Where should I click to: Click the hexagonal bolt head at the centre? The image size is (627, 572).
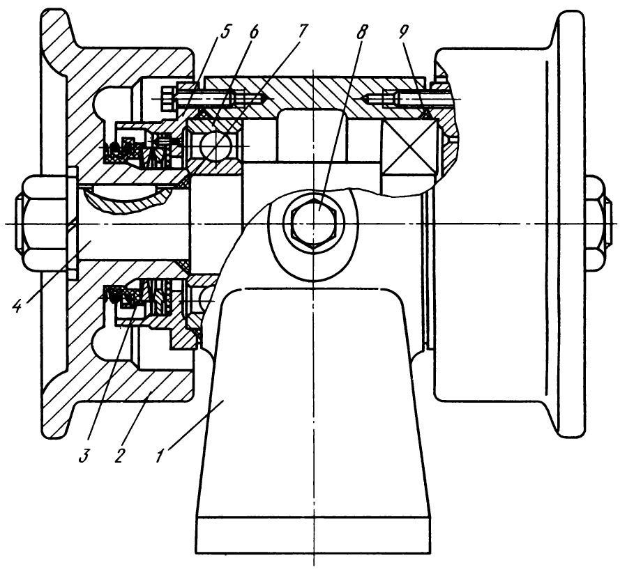pyautogui.click(x=313, y=224)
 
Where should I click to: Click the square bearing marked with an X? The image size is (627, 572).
pyautogui.click(x=407, y=147)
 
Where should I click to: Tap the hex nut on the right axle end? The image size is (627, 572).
pyautogui.click(x=598, y=223)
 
